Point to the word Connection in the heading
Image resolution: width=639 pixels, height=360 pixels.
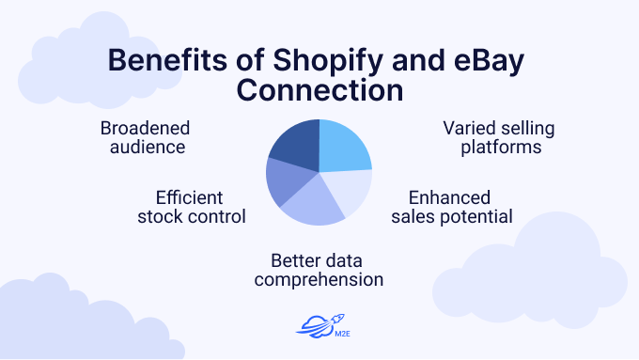(319, 92)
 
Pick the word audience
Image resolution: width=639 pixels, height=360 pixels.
(145, 147)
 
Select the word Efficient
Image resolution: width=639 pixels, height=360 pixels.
(189, 198)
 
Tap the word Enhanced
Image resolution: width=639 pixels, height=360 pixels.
(449, 198)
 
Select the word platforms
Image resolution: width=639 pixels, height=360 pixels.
(507, 147)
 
